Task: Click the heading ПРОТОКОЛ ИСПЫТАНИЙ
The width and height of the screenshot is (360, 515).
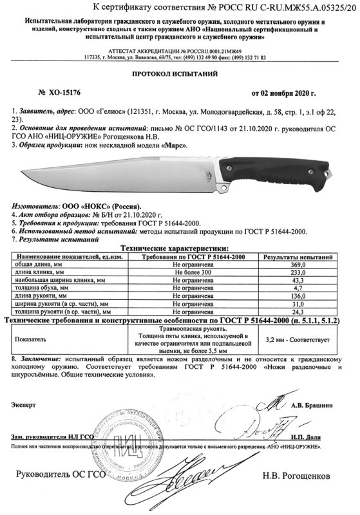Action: [x=180, y=75]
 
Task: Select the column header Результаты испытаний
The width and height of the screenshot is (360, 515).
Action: [x=303, y=256]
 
